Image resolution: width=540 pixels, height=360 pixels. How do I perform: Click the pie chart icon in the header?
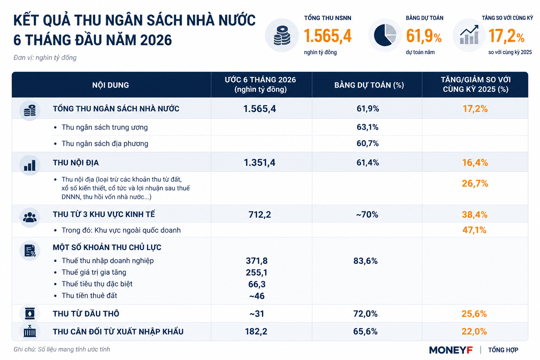[x=385, y=35]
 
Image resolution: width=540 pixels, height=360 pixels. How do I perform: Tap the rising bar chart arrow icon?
[x=469, y=35]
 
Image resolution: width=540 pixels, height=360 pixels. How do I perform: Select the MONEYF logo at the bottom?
[x=451, y=350]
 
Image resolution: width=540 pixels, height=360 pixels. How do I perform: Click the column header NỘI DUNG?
[x=110, y=85]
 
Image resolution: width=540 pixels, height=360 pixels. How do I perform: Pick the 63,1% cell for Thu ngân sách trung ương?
[x=367, y=127]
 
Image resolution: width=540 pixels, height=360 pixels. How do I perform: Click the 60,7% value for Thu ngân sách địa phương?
[x=367, y=143]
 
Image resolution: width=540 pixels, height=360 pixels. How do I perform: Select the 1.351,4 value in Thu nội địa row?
[x=259, y=163]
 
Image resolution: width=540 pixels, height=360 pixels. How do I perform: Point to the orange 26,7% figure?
[x=475, y=184]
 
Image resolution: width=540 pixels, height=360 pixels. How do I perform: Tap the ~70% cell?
[x=367, y=214]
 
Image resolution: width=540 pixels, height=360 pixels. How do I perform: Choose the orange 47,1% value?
[x=474, y=230]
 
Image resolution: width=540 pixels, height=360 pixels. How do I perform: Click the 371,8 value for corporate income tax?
[x=257, y=261]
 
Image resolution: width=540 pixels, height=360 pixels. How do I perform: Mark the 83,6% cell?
[x=365, y=261]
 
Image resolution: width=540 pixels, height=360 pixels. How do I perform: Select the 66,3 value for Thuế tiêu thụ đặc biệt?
[x=257, y=284]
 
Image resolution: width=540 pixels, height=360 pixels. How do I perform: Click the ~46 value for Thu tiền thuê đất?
[x=257, y=296]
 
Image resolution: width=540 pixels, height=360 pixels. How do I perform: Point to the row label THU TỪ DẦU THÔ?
[x=86, y=314]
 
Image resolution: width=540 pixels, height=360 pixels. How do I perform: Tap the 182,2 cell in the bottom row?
[x=256, y=332]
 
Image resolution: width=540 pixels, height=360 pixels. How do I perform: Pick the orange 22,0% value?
[x=474, y=332]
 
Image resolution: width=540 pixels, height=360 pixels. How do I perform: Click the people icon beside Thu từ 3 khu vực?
[x=30, y=217]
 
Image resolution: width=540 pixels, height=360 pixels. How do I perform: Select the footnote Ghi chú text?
[x=62, y=349]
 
